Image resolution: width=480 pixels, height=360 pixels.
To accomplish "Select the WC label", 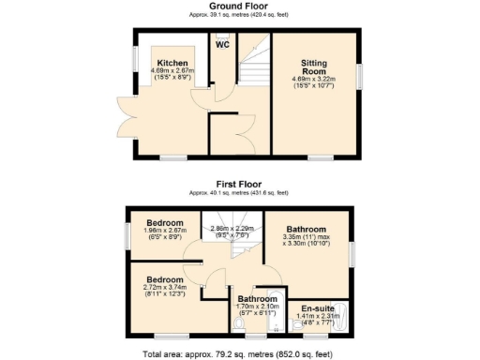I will pos(223,45).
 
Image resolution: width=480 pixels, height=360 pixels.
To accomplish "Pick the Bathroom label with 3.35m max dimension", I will pos(307,230).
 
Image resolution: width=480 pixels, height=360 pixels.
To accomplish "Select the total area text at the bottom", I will pos(239,353).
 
